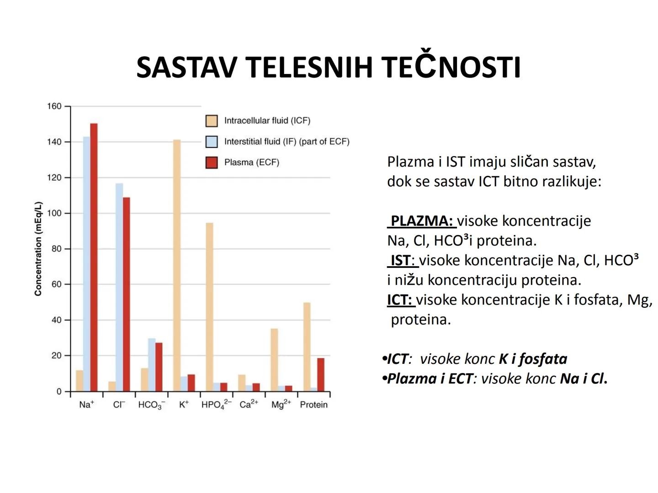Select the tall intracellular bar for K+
click(x=177, y=265)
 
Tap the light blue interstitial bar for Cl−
click(x=119, y=287)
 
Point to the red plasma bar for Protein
click(x=321, y=374)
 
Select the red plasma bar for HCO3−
click(x=159, y=367)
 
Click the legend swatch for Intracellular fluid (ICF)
click(x=212, y=121)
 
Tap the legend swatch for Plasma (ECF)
click(x=212, y=163)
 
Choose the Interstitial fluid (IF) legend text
click(x=287, y=142)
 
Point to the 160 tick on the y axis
click(x=54, y=106)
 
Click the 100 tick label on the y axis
click(x=54, y=213)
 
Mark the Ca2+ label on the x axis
click(x=249, y=404)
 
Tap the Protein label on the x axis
click(x=313, y=404)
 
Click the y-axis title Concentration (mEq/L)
click(x=38, y=249)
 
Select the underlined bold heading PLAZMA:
click(x=421, y=221)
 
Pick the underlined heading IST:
click(x=403, y=260)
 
